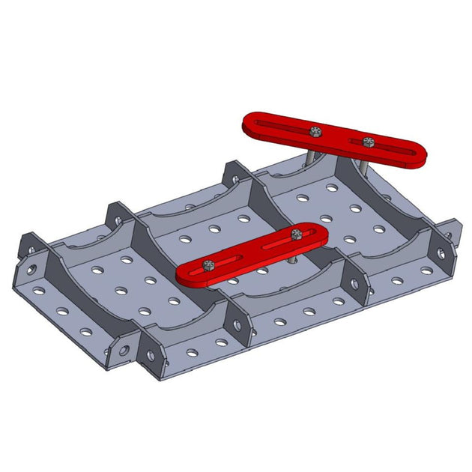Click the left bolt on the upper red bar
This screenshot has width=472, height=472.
click(x=316, y=132)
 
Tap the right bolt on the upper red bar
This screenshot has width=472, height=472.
click(x=366, y=142)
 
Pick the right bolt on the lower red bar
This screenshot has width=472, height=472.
click(x=297, y=234)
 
